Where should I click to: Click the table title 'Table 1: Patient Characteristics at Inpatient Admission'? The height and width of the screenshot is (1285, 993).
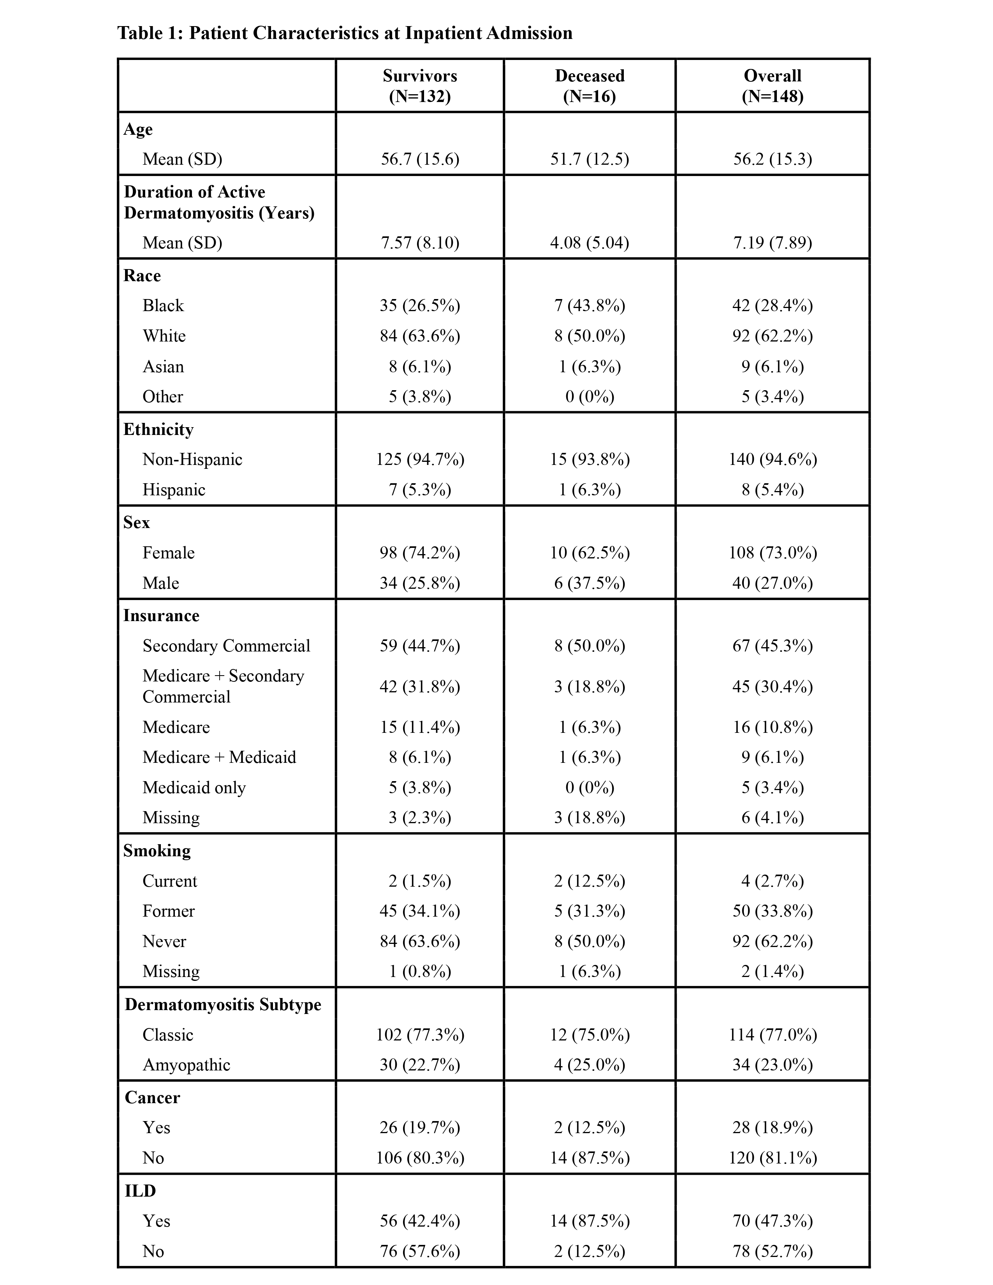pos(345,33)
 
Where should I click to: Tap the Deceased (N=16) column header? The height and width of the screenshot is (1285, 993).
pos(590,86)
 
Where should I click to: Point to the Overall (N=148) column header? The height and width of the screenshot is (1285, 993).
pos(773,86)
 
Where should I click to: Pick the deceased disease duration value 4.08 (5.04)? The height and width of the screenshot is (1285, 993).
pos(590,243)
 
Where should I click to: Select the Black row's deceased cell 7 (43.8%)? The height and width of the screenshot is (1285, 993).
pos(590,305)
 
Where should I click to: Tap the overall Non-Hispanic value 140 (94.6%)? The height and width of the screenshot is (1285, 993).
pos(773,459)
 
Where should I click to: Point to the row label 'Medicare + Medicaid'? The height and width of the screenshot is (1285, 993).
pos(219,757)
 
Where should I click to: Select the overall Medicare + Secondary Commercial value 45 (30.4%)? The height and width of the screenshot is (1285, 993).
pos(773,686)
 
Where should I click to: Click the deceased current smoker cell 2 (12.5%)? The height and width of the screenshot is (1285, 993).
pos(590,881)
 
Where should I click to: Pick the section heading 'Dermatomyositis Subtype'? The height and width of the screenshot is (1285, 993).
pos(223,1004)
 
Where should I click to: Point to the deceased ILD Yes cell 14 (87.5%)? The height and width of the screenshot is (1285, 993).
pos(590,1221)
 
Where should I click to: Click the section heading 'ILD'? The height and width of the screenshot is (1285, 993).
pos(140,1191)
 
